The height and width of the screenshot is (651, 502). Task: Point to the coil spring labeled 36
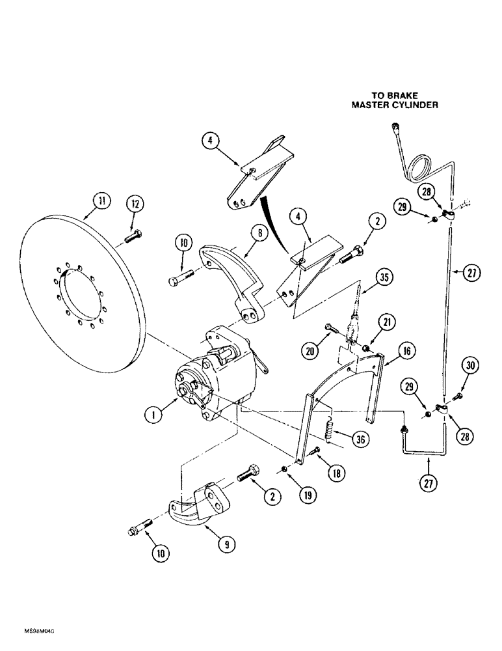331,430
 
